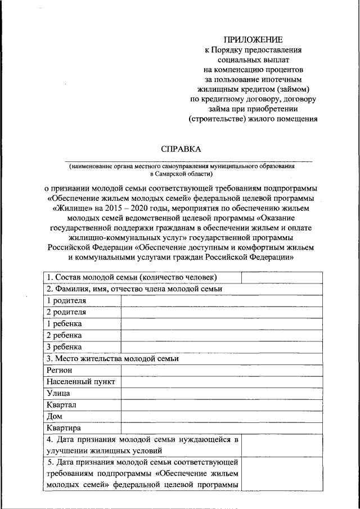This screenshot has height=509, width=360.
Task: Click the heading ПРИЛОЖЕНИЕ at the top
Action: click(253, 39)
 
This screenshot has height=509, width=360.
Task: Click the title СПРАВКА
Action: click(181, 149)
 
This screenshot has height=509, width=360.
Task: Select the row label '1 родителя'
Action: click(66, 300)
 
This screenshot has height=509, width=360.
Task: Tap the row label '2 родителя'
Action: click(66, 312)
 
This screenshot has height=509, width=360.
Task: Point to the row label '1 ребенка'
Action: click(64, 323)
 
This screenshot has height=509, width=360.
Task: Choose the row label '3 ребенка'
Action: click(64, 346)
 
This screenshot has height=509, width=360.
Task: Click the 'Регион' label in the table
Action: click(60, 370)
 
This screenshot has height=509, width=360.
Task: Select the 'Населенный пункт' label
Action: click(81, 382)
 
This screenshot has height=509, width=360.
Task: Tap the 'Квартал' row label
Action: click(61, 405)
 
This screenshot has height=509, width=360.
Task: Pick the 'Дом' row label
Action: click(55, 417)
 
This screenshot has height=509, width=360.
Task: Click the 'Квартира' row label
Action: click(64, 429)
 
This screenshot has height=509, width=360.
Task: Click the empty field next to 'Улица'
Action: click(222, 393)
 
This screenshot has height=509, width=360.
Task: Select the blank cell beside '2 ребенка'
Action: click(222, 335)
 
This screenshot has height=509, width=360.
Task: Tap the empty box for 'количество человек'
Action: click(282, 277)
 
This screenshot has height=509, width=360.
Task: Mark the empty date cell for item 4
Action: click(282, 445)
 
